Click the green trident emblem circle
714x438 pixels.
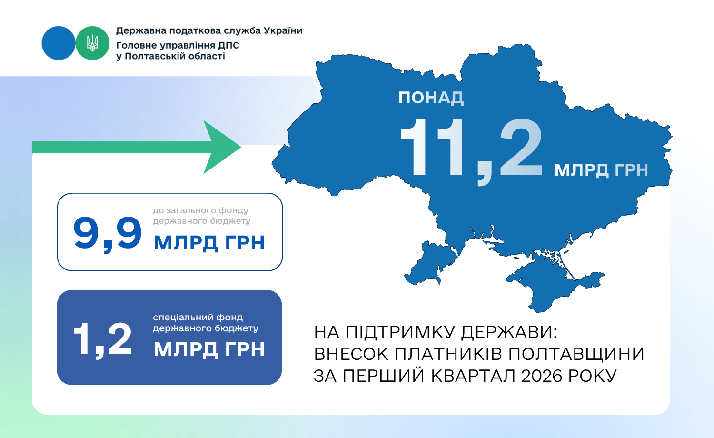click(92, 43)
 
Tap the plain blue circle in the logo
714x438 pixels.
click(59, 43)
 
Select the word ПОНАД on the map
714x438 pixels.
click(431, 98)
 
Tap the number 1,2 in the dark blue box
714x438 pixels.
click(103, 340)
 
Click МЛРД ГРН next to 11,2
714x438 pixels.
click(601, 170)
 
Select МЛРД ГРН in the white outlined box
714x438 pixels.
click(209, 243)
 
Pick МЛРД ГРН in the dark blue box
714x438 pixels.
click(209, 349)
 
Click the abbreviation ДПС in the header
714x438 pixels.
click(228, 46)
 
